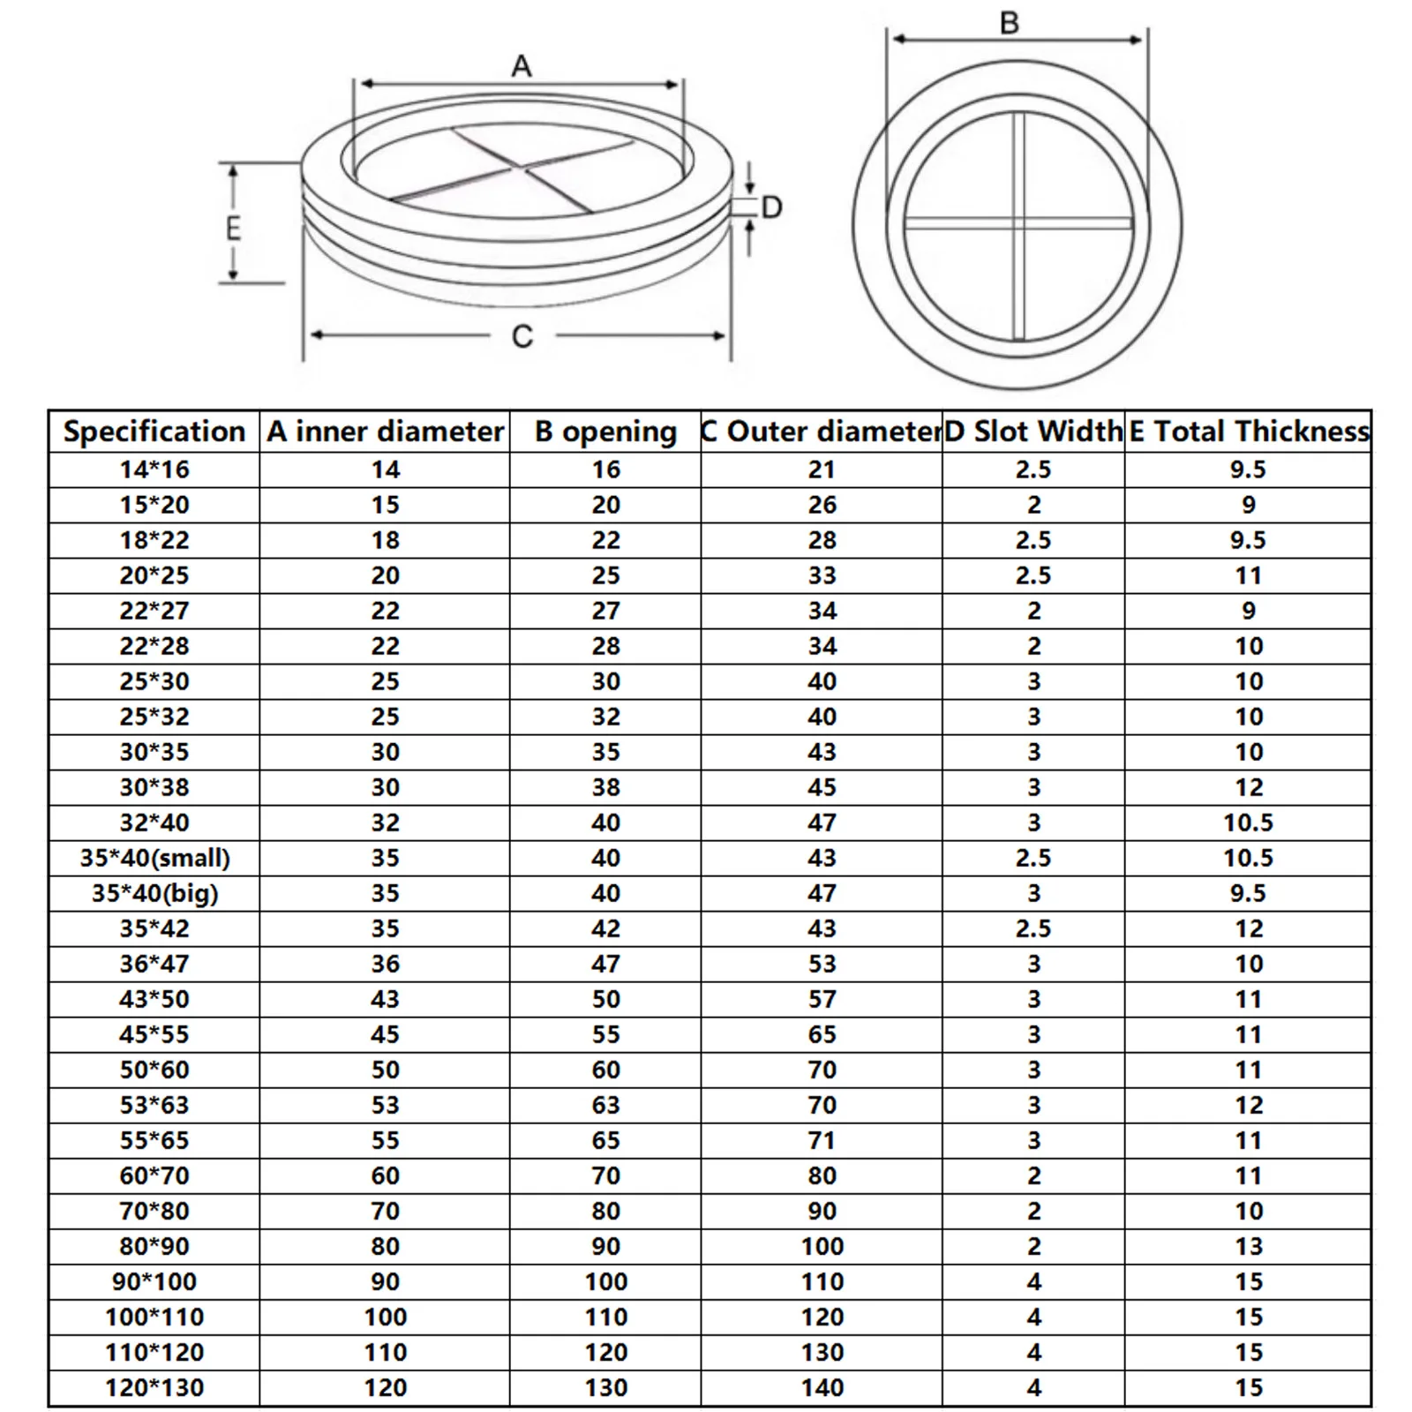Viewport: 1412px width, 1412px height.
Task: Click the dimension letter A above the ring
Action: point(522,66)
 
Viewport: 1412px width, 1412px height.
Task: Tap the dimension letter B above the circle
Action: point(1010,22)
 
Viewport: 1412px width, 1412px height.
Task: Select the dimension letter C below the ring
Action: point(522,336)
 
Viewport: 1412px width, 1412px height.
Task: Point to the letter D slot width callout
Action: point(771,208)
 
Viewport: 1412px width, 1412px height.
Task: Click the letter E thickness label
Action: point(233,228)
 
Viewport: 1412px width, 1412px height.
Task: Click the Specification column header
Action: point(154,432)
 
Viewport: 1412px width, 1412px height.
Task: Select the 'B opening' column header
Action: point(605,432)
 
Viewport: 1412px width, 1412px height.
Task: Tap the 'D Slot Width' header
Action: point(1033,432)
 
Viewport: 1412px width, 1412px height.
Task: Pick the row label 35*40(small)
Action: point(154,858)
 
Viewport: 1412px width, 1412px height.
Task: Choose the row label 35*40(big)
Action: point(154,893)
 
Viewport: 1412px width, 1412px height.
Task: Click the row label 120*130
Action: point(154,1387)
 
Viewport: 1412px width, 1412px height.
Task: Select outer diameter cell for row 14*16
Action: point(822,469)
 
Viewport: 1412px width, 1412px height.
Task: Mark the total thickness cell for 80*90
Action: point(1248,1246)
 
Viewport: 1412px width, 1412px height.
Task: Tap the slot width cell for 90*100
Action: point(1033,1281)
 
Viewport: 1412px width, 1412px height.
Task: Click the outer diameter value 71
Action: point(822,1140)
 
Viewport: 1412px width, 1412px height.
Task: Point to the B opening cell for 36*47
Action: point(605,964)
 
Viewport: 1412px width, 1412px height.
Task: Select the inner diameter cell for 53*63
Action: point(385,1105)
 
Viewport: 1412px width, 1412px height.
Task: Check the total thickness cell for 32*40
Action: point(1248,822)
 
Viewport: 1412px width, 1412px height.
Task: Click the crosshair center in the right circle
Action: point(1019,223)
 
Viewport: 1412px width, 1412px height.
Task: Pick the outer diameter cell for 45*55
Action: point(822,1034)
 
